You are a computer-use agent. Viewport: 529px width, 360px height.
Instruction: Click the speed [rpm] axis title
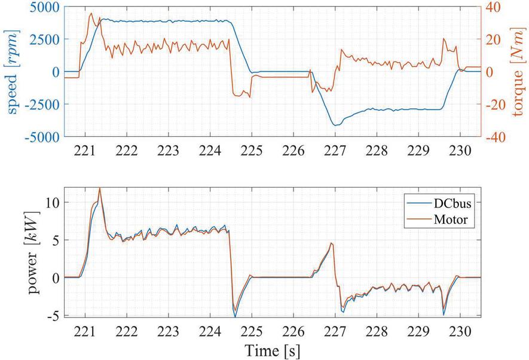[x=11, y=71]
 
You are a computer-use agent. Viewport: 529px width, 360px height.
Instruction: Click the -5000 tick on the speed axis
[x=40, y=137]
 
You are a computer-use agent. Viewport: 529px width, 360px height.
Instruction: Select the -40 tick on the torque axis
[x=497, y=137]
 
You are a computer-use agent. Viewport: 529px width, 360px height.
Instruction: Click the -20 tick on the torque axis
[x=497, y=105]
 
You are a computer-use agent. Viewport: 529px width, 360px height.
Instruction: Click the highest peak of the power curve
[x=99, y=188]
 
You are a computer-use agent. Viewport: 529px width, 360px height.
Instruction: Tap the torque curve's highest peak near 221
[x=91, y=13]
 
